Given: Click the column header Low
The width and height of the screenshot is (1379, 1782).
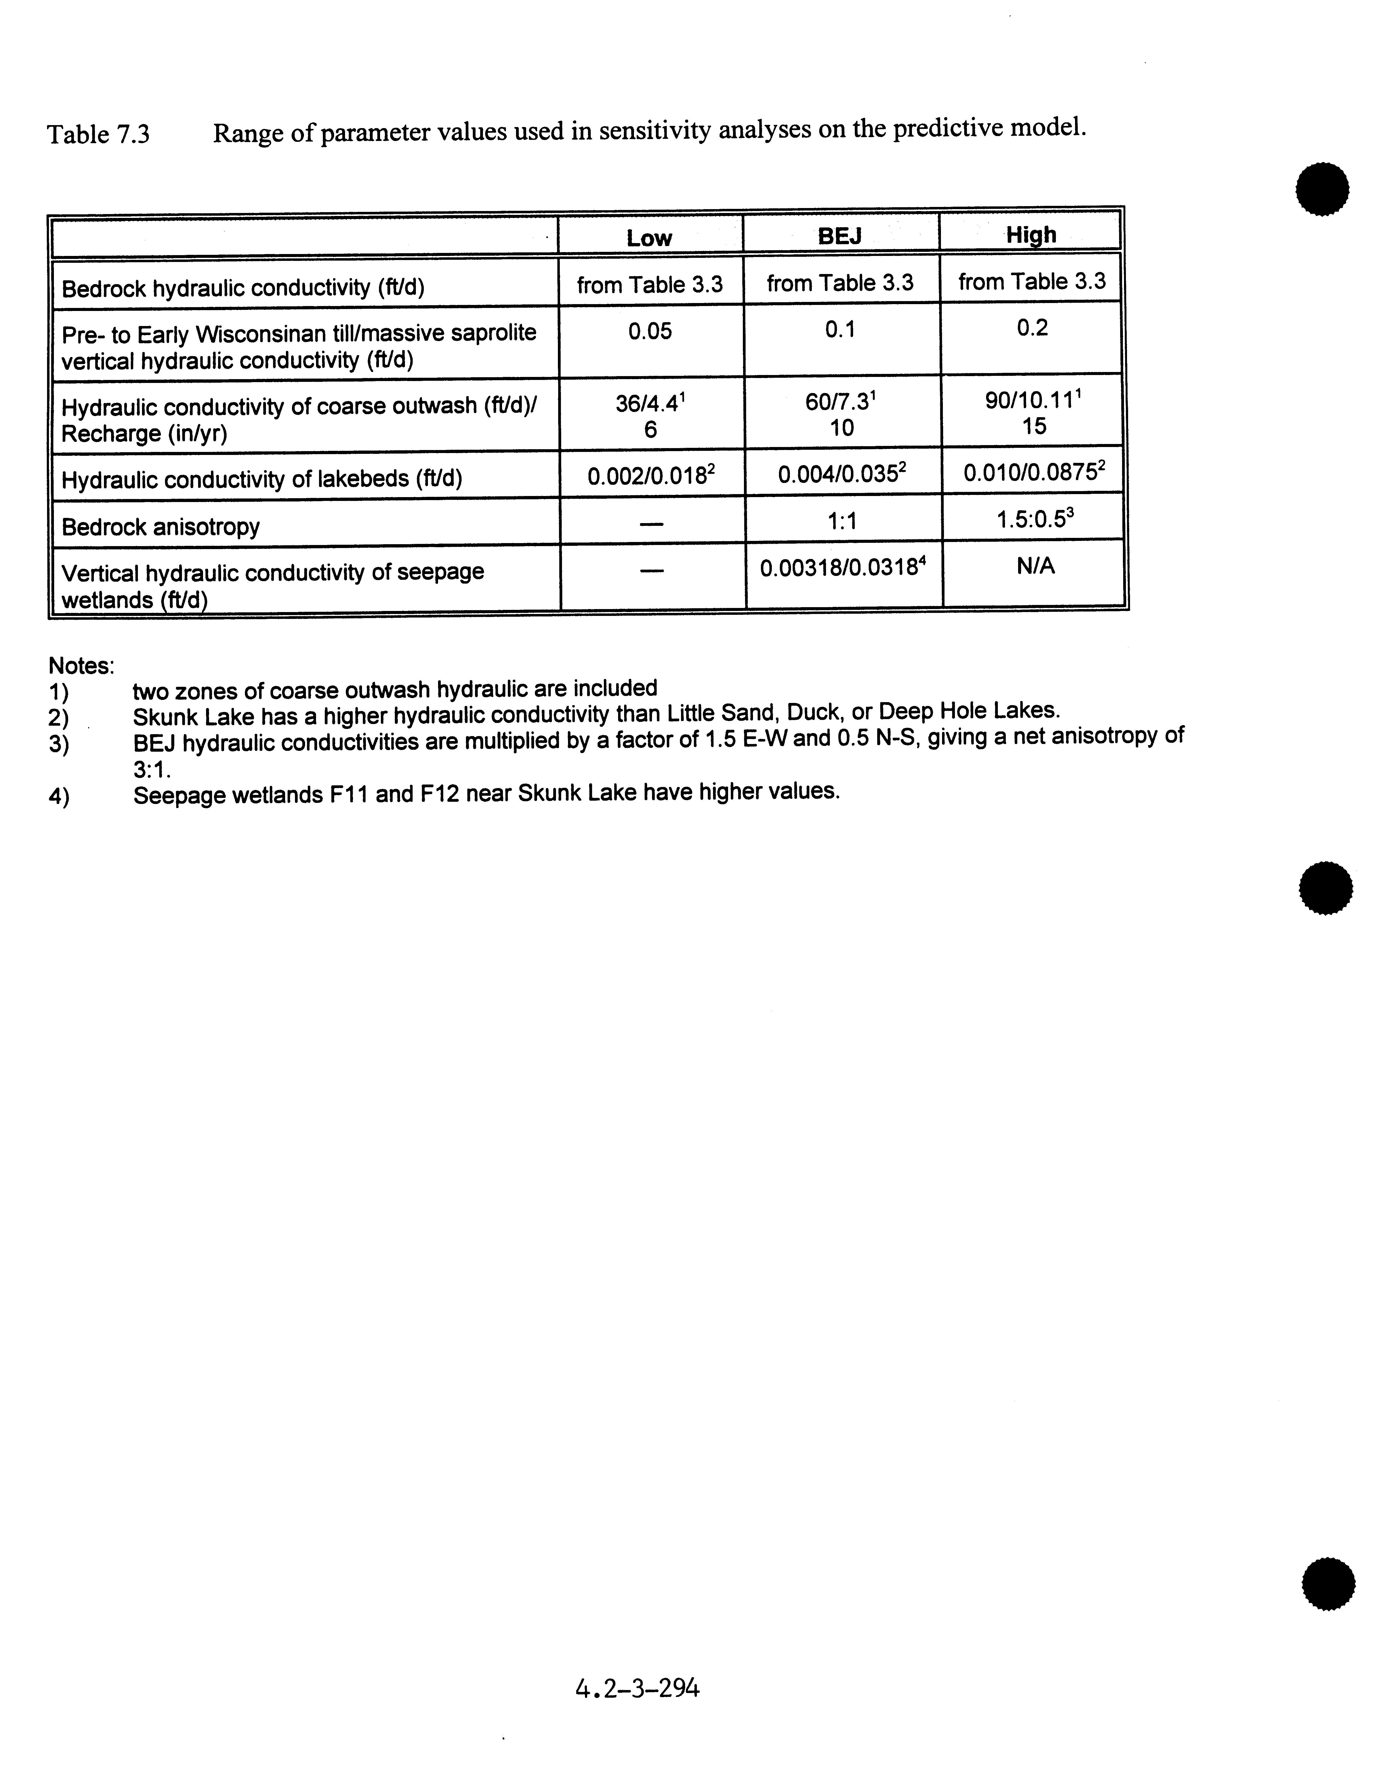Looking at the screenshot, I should tap(649, 238).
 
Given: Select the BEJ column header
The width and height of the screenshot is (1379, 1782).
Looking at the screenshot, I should tap(840, 237).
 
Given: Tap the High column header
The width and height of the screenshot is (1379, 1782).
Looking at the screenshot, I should tap(1031, 235).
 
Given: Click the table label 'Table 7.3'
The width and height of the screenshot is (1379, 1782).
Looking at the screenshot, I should tap(98, 134).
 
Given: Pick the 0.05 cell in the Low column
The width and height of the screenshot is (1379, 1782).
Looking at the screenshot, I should tap(650, 331).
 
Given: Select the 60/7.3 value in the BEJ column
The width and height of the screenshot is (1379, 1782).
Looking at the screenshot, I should tap(840, 402).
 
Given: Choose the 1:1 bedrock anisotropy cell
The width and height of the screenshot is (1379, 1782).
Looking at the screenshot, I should tap(841, 521).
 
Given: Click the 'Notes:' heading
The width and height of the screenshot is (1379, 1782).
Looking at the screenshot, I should tap(81, 666).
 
